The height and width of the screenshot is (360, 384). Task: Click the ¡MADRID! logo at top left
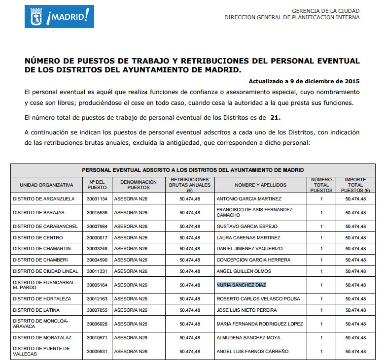click(59, 17)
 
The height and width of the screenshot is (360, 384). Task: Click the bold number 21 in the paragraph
click(276, 118)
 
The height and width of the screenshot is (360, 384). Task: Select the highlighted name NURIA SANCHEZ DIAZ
click(241, 285)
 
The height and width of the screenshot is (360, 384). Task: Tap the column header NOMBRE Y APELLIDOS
click(245, 185)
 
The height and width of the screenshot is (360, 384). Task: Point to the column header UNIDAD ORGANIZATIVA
click(46, 185)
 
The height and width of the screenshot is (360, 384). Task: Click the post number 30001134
click(97, 199)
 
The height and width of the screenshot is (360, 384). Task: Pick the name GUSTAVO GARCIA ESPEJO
click(247, 227)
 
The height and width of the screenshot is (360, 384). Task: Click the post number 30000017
click(97, 238)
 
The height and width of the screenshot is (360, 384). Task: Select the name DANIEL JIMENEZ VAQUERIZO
click(249, 249)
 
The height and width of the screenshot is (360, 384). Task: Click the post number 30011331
click(97, 271)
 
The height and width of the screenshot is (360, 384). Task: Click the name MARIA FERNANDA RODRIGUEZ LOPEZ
click(260, 324)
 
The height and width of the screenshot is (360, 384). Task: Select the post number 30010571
click(97, 338)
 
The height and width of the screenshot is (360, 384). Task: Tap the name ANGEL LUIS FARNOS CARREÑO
click(252, 352)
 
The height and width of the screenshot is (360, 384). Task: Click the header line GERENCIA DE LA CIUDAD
click(326, 11)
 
